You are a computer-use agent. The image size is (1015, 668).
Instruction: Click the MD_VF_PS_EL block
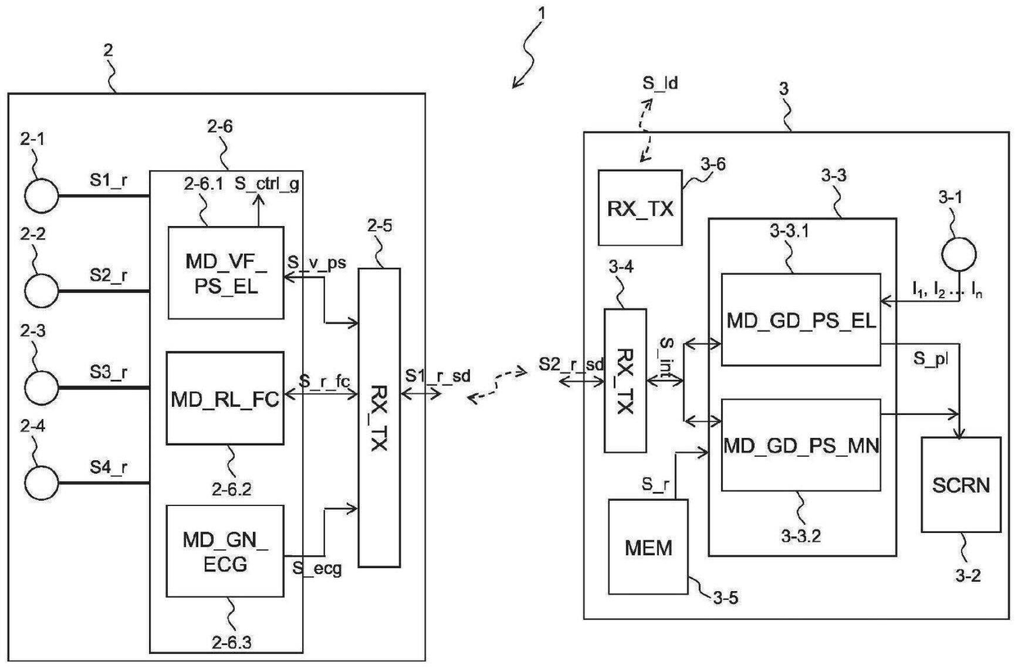point(225,272)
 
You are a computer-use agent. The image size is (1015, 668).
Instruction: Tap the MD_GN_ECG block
point(224,550)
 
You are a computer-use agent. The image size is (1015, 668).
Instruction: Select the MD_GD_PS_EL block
point(800,320)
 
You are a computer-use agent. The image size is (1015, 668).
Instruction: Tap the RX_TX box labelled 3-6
point(639,207)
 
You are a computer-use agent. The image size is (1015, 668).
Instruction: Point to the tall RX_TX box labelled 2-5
point(379,417)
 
